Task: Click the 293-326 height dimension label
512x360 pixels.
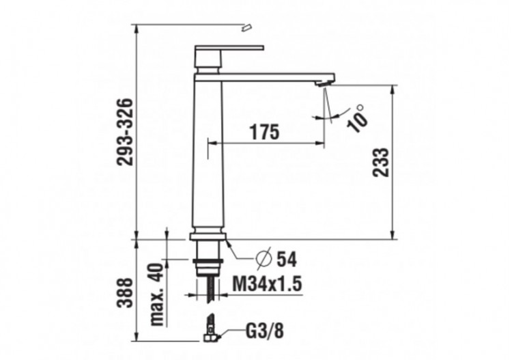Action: [124, 131]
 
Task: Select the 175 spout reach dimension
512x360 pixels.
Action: [264, 133]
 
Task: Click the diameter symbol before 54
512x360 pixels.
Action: [264, 259]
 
